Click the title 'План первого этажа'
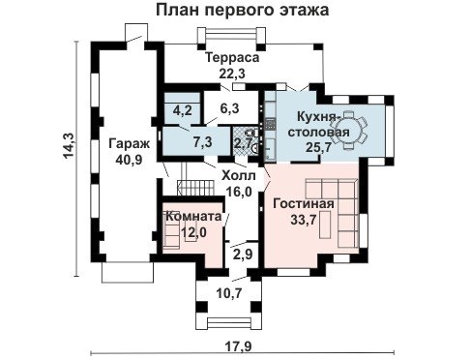(243, 11)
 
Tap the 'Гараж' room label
(129, 144)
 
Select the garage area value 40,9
(129, 160)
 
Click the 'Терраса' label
(232, 58)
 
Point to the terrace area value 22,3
(232, 74)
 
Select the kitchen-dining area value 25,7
(319, 147)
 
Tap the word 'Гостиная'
(304, 204)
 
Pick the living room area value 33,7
(304, 220)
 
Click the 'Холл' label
(239, 176)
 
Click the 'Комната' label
(193, 216)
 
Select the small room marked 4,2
(183, 110)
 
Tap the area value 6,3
(229, 109)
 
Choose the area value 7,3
(202, 142)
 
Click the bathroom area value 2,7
(243, 143)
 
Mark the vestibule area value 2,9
(243, 255)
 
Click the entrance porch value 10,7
(229, 293)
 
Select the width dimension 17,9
(238, 347)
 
